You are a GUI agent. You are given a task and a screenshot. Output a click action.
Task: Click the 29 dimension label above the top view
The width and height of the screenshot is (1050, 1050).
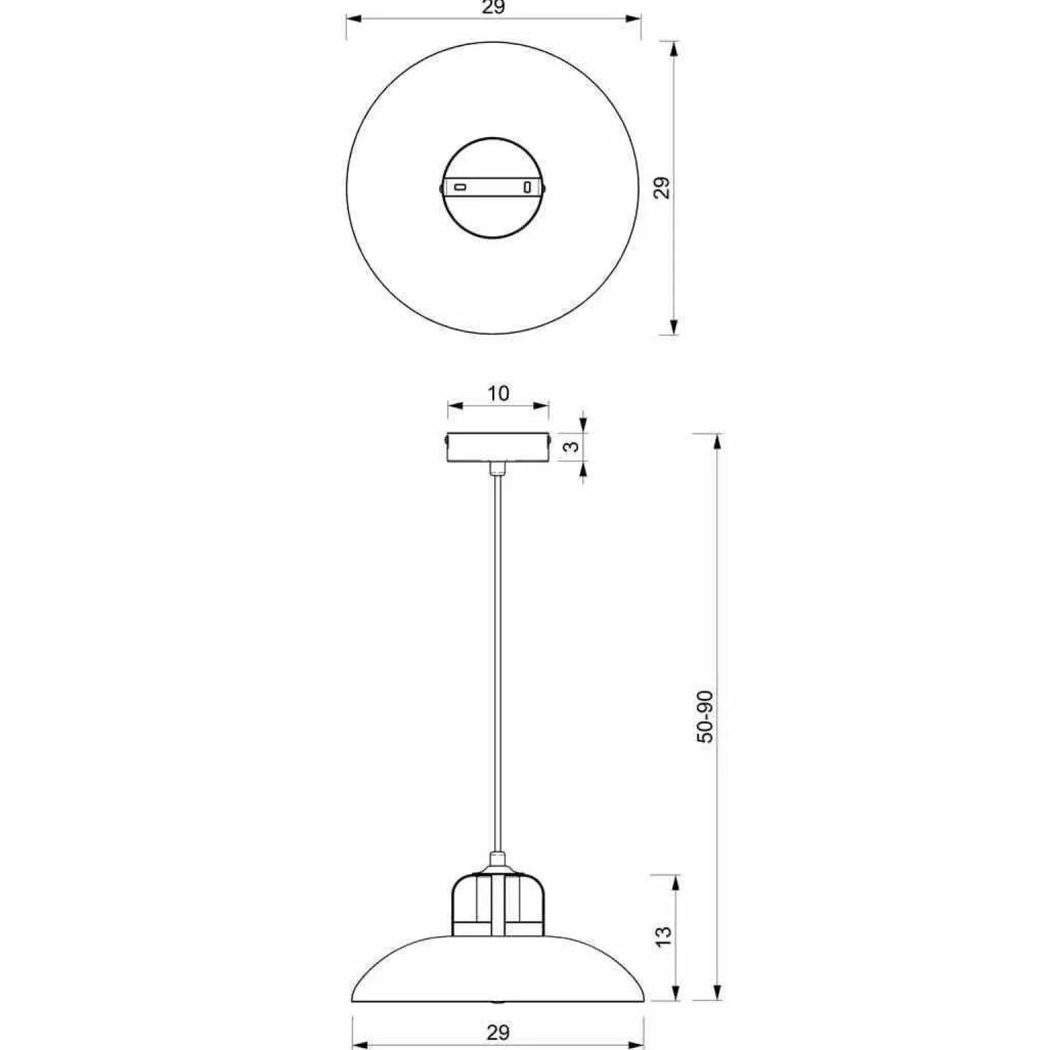tap(493, 7)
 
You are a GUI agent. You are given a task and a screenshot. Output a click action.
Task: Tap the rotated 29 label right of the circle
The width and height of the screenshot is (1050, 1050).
tap(662, 187)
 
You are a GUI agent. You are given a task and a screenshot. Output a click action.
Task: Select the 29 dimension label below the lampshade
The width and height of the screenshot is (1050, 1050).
tap(498, 1032)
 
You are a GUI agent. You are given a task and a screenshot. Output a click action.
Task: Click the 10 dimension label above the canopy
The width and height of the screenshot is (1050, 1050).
tap(498, 393)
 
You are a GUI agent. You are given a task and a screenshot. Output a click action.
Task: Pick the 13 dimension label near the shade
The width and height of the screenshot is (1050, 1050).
tap(663, 935)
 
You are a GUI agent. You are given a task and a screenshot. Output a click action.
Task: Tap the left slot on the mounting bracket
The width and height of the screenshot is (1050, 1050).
tap(461, 186)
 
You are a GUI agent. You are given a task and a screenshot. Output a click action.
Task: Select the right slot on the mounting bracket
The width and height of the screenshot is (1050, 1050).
tap(526, 186)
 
